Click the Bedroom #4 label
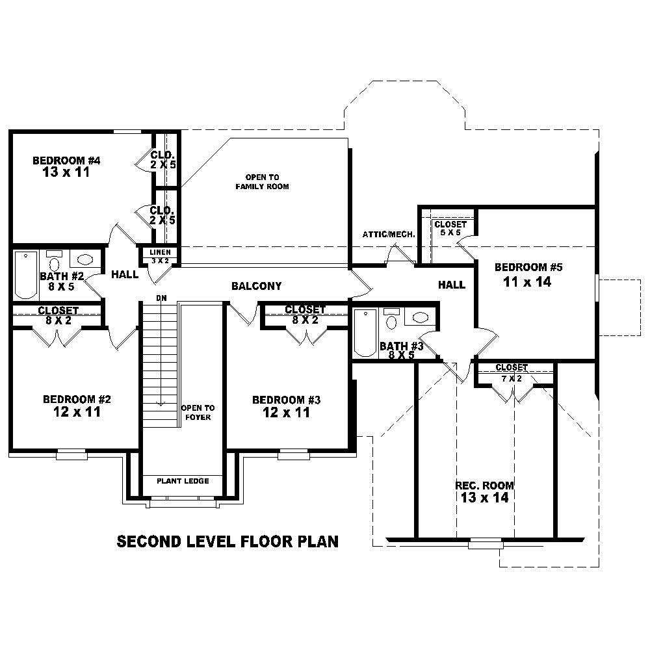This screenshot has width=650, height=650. coord(66,160)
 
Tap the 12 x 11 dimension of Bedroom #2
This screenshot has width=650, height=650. coord(71,411)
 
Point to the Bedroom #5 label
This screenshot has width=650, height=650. coord(528,267)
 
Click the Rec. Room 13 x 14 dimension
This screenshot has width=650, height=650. coord(484,498)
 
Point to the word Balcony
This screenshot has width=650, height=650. coord(256,286)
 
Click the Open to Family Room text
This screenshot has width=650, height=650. coord(262,182)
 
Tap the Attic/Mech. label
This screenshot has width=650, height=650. coord(389,234)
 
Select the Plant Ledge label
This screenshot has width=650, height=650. coord(183,481)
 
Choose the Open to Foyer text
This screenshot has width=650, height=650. coord(198,412)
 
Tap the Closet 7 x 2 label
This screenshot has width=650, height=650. coord(511,372)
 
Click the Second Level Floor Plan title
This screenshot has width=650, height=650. coord(227,541)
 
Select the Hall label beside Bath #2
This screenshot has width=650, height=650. coord(124,274)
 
